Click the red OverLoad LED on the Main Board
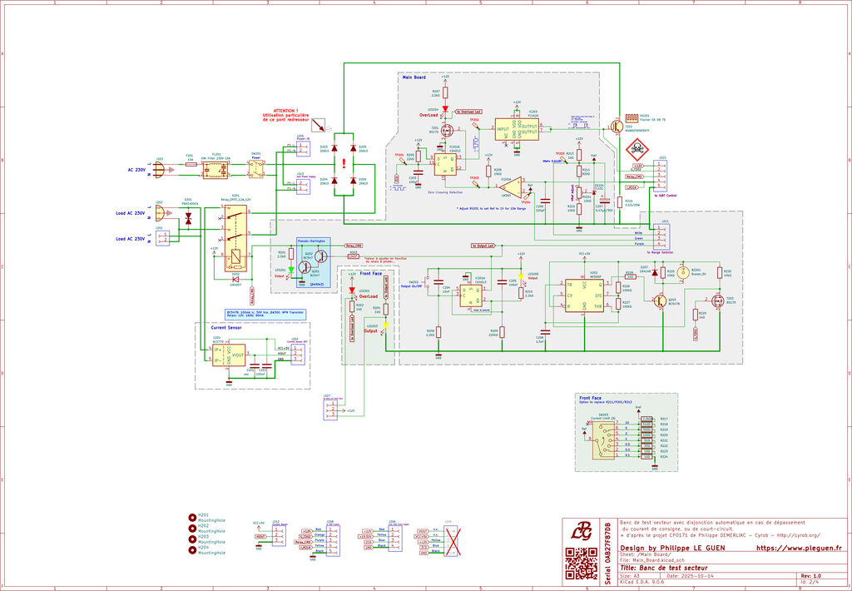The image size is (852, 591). click(x=444, y=109)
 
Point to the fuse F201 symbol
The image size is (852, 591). click(x=190, y=164)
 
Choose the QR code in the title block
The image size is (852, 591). click(x=581, y=564)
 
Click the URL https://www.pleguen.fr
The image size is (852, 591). click(x=799, y=549)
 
